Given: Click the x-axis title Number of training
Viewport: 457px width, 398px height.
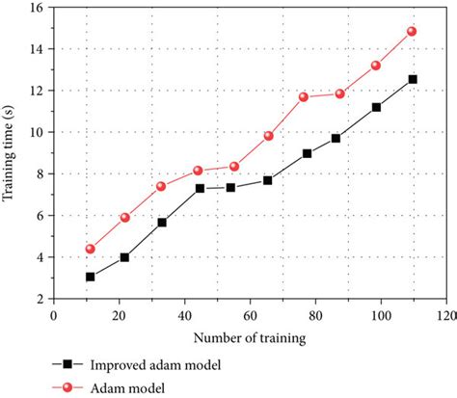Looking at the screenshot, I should tap(249, 337).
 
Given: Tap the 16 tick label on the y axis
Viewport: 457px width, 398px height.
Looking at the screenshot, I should tap(34, 8).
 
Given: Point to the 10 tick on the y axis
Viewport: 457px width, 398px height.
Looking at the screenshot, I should tap(34, 132).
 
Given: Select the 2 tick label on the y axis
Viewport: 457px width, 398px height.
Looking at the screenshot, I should tap(38, 299).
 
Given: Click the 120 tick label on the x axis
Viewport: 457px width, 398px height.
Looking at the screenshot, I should tap(444, 315).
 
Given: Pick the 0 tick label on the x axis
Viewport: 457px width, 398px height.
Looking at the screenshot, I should tap(54, 315).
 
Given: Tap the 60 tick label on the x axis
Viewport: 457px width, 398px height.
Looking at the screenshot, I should tap(249, 315).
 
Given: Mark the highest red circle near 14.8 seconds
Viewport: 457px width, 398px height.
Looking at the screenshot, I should tap(412, 31).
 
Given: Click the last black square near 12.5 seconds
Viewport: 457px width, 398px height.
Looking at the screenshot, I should tap(413, 79).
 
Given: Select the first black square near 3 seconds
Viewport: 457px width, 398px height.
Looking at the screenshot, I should tap(90, 277).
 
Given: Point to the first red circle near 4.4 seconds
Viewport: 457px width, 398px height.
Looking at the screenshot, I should tap(90, 249).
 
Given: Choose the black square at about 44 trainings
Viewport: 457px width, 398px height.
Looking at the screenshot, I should tap(200, 188).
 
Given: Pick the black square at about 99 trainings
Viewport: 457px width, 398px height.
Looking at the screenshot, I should tap(376, 107).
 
